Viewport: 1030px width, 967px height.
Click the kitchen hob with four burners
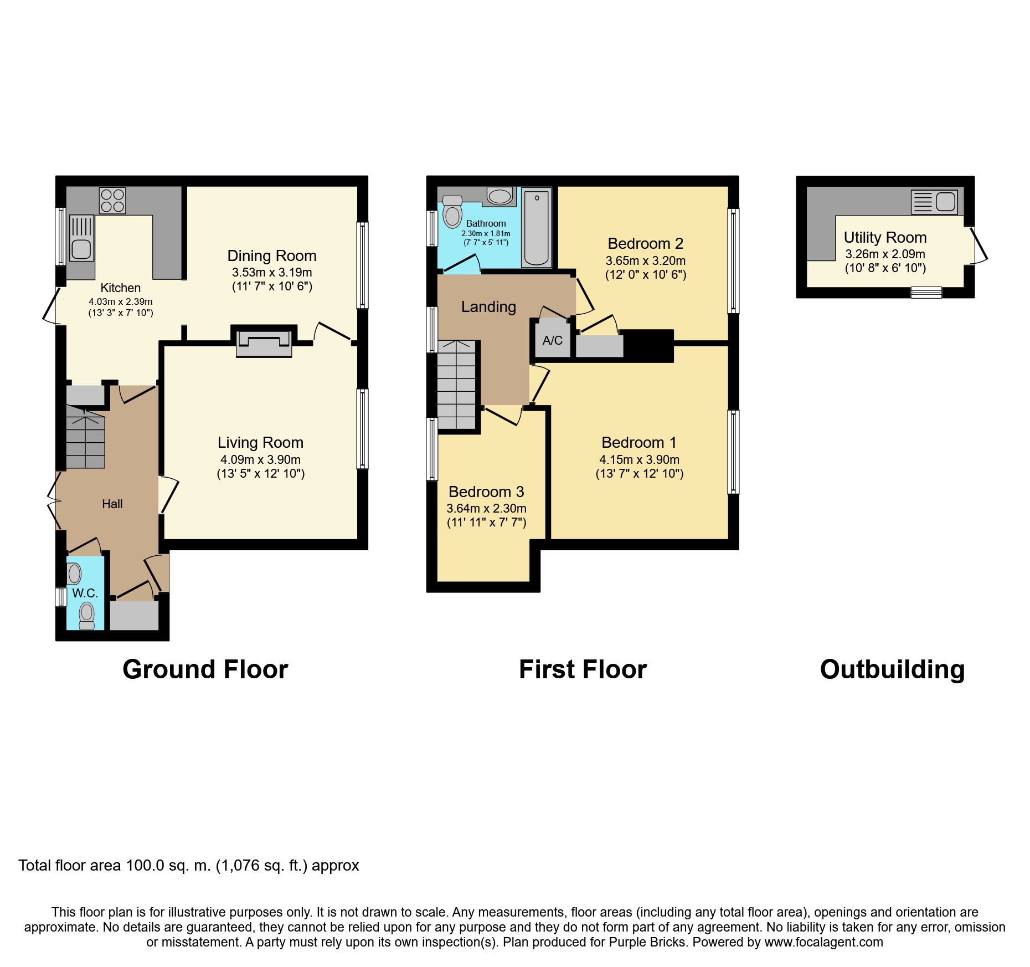pyautogui.click(x=112, y=201)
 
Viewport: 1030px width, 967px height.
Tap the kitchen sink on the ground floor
pyautogui.click(x=81, y=238)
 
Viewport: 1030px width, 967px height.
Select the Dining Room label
pyautogui.click(x=272, y=255)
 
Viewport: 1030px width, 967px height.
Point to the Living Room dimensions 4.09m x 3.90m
pyautogui.click(x=261, y=459)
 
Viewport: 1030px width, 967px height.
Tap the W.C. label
pyautogui.click(x=85, y=593)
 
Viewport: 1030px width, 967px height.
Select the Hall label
pyautogui.click(x=112, y=504)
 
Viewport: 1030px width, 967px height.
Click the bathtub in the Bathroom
pyautogui.click(x=536, y=228)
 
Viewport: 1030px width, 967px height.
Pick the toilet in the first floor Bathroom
pyautogui.click(x=452, y=212)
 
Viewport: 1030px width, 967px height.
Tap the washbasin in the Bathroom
pyautogui.click(x=501, y=196)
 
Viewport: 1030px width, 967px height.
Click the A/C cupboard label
pyautogui.click(x=553, y=340)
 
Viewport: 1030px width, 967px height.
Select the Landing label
pyautogui.click(x=489, y=306)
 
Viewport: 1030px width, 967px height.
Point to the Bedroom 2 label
pyautogui.click(x=646, y=243)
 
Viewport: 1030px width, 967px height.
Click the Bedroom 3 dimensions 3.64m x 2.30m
pyautogui.click(x=487, y=508)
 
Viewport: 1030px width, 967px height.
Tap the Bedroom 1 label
pyautogui.click(x=639, y=442)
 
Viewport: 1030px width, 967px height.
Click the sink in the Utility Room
pyautogui.click(x=934, y=202)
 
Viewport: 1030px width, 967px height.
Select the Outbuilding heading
pyautogui.click(x=893, y=669)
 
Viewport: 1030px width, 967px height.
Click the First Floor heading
pyautogui.click(x=583, y=669)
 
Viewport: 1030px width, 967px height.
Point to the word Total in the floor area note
pyautogui.click(x=35, y=866)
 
